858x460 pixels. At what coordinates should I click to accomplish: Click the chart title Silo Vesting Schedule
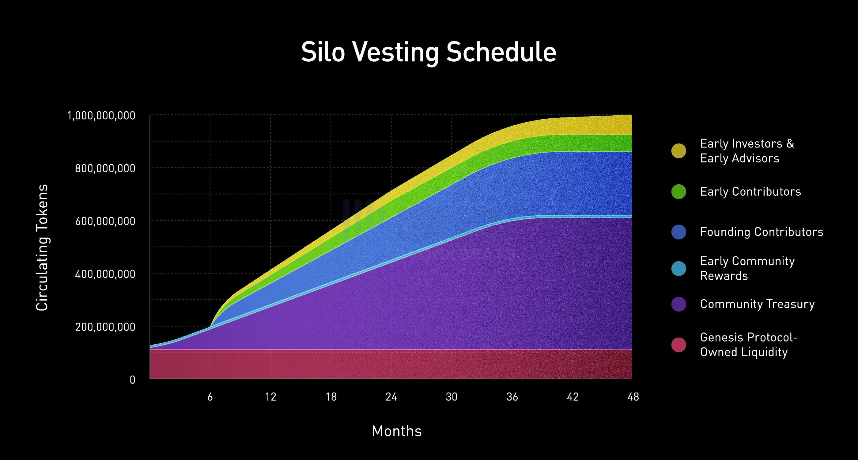tap(429, 52)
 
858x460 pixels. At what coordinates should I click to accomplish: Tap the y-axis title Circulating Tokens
tap(42, 248)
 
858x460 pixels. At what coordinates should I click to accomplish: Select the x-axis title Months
tap(396, 431)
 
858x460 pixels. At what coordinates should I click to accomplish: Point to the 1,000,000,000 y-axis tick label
tap(102, 116)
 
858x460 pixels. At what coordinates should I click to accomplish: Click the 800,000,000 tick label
tap(105, 168)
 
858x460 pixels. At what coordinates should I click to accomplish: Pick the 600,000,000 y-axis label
tap(105, 221)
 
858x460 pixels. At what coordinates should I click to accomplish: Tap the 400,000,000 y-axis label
tap(105, 274)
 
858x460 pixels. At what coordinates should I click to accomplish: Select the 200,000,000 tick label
tap(105, 327)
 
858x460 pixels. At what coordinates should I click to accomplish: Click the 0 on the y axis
tap(133, 380)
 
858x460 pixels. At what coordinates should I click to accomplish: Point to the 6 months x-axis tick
tap(210, 397)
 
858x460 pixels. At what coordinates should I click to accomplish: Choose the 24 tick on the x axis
tap(391, 397)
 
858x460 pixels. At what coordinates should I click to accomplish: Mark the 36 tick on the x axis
tap(512, 397)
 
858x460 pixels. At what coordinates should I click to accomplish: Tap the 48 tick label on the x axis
tap(633, 397)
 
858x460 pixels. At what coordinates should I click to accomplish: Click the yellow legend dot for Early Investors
tap(678, 151)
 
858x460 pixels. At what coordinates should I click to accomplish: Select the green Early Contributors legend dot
tap(678, 192)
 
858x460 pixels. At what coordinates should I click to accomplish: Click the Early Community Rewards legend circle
tap(678, 269)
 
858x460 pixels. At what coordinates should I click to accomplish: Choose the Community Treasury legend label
tap(757, 304)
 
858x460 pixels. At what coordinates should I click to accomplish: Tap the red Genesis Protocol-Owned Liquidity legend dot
tap(678, 345)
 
